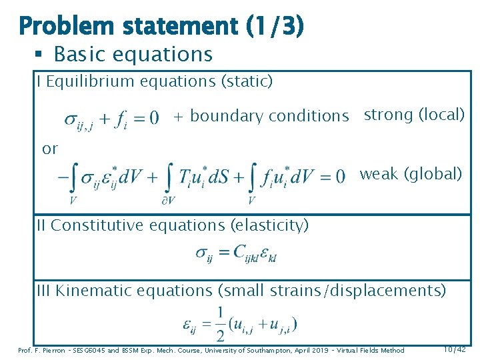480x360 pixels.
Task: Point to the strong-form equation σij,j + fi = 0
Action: [x=111, y=119]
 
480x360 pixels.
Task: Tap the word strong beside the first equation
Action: [x=388, y=115]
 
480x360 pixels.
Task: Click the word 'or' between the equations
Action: [x=50, y=149]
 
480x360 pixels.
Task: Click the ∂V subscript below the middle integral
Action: [x=169, y=200]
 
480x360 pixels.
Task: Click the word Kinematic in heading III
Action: [x=91, y=291]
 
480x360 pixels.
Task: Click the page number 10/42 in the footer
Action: [x=455, y=349]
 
